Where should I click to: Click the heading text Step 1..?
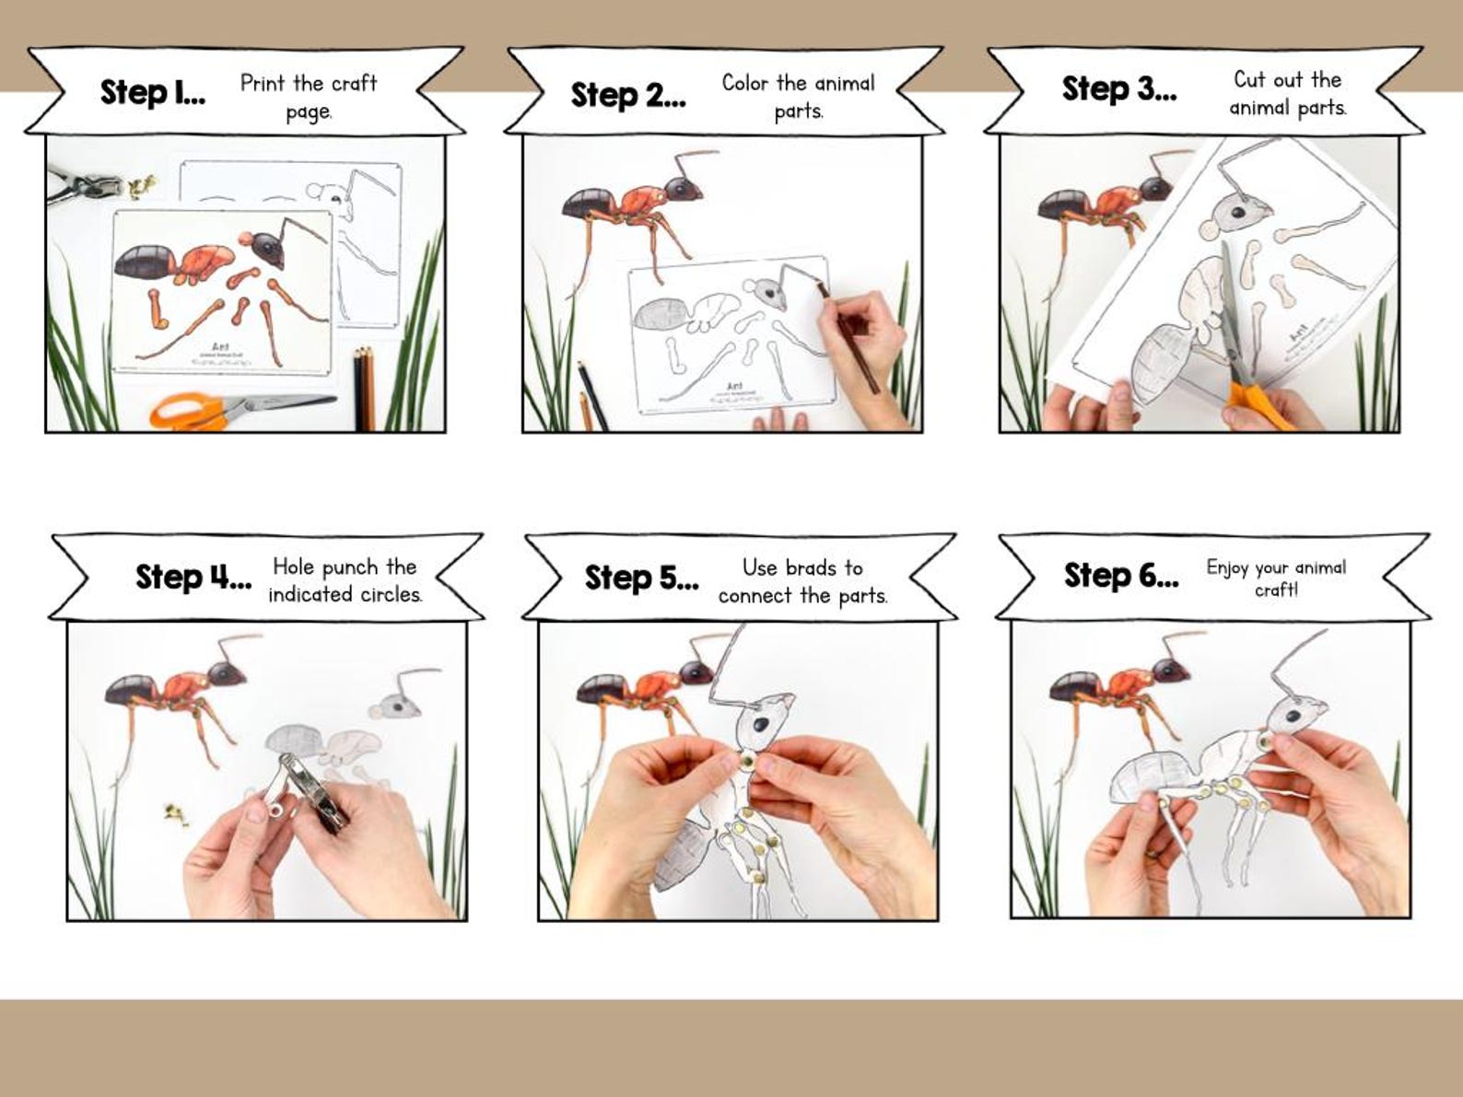click(x=152, y=92)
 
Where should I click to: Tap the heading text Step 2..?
click(x=627, y=95)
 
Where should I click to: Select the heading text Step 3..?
click(x=1118, y=89)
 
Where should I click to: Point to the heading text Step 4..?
click(x=193, y=577)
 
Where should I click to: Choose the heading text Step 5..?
click(x=641, y=578)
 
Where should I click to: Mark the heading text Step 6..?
click(x=1120, y=576)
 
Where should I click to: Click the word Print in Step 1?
click(x=262, y=84)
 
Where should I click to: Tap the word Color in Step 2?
click(x=744, y=84)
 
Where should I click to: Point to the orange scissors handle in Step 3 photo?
click(x=1262, y=405)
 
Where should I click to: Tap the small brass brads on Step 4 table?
click(x=172, y=812)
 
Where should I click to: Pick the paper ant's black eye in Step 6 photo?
click(x=1293, y=716)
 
